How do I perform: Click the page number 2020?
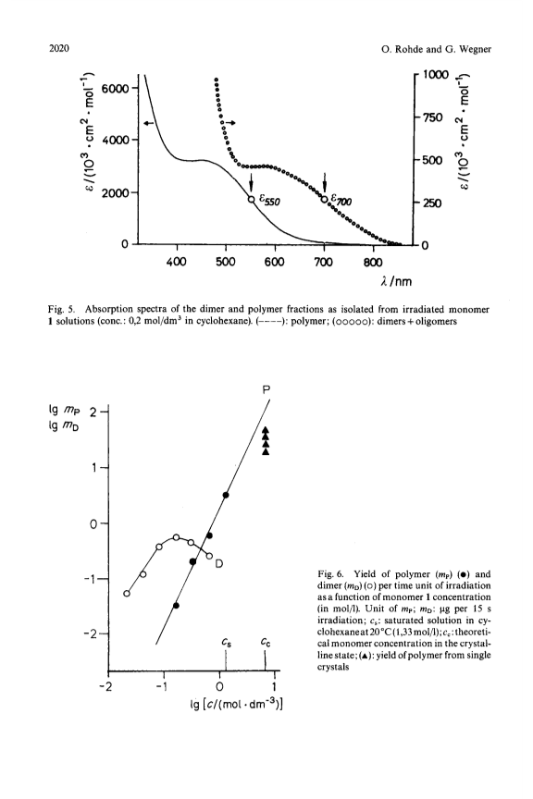point(58,48)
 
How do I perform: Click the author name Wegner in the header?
point(476,49)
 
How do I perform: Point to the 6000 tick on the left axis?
point(116,89)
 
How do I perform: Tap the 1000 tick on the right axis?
point(434,74)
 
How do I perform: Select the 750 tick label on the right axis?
point(431,117)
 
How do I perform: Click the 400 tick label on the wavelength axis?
point(177,262)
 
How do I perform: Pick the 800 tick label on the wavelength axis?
point(373,262)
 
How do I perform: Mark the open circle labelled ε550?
point(252,199)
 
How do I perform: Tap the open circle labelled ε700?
point(325,199)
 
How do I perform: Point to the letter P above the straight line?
point(266,390)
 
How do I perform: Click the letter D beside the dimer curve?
point(219,563)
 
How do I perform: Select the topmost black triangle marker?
point(266,430)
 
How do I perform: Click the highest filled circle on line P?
point(226,495)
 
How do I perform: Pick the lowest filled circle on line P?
point(176,606)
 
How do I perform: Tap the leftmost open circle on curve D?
point(127,593)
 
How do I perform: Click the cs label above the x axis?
point(227,643)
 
